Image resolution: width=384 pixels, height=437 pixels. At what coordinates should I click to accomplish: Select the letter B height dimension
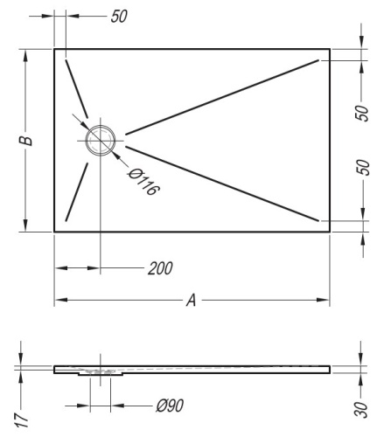click(x=27, y=140)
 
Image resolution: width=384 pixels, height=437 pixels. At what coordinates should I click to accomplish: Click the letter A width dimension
click(x=191, y=301)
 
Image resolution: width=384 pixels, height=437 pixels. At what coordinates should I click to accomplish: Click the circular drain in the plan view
click(x=100, y=139)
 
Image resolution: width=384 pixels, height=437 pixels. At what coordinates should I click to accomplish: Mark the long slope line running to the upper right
click(x=227, y=96)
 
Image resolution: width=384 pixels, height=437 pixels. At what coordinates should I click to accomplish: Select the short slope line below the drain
click(x=75, y=191)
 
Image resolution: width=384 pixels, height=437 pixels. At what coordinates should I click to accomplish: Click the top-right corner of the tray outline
click(x=329, y=49)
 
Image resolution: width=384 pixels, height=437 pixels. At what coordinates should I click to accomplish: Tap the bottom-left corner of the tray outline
click(x=55, y=232)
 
